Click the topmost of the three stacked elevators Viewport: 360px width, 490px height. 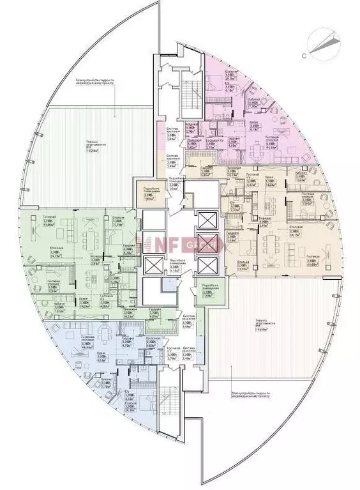[207, 220]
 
